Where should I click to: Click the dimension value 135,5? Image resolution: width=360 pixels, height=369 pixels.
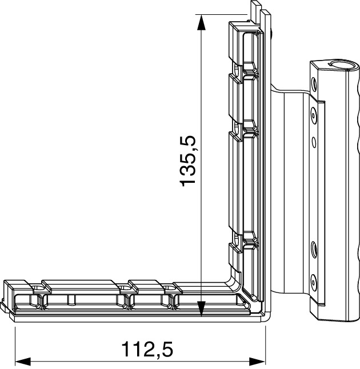tap(188, 161)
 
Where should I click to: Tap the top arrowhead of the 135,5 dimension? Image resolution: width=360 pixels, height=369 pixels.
tap(200, 21)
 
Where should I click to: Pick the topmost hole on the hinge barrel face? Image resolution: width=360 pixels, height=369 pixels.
tap(313, 83)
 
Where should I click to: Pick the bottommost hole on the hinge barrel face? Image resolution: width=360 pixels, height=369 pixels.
tap(313, 280)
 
